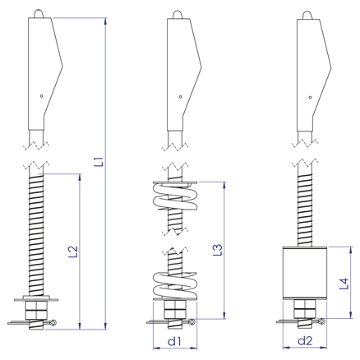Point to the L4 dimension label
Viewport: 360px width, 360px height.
click(x=344, y=284)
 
